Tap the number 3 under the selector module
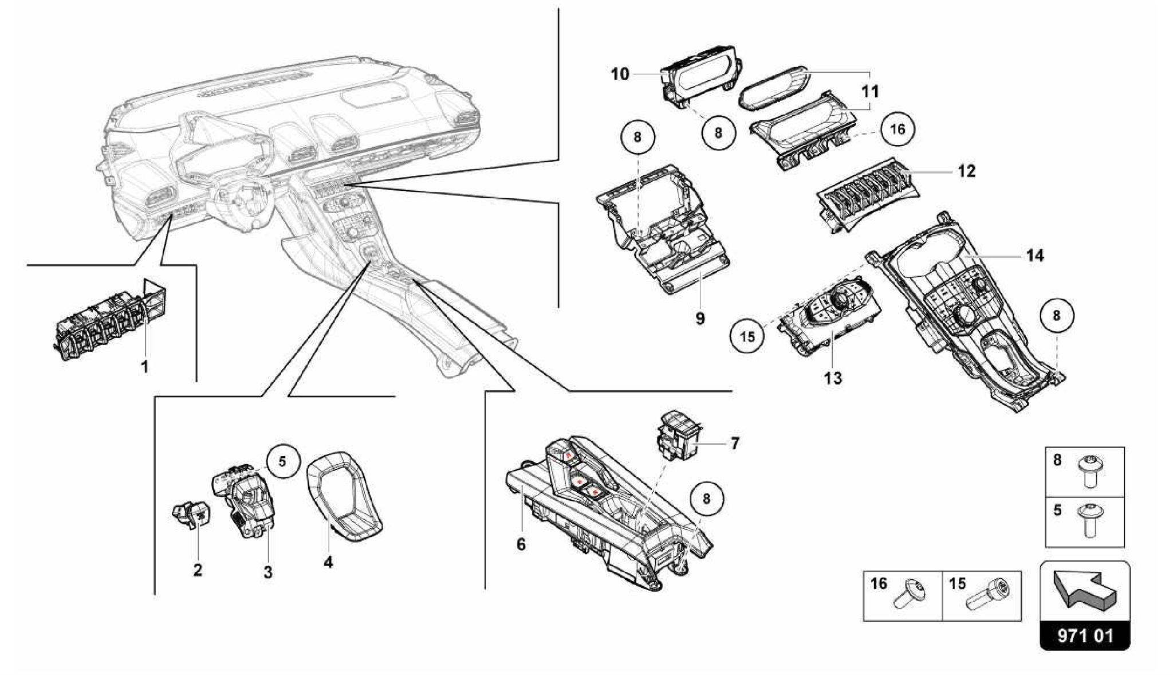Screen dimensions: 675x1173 point(268,571)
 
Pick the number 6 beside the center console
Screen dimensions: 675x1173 point(521,544)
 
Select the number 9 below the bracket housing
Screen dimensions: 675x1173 point(700,318)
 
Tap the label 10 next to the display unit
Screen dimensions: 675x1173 point(620,74)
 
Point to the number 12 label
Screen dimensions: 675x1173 point(966,171)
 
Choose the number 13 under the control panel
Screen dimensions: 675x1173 point(833,378)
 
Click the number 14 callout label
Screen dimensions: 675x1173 point(1035,256)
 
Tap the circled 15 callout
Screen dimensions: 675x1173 point(747,336)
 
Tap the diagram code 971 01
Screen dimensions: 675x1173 point(1085,636)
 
